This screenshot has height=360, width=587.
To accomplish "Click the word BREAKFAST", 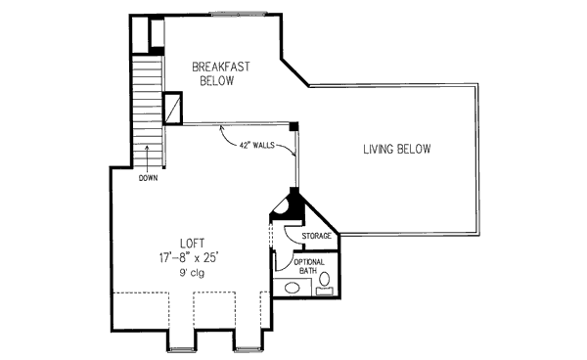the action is (x=220, y=67).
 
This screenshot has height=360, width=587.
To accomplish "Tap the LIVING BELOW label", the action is (x=397, y=149).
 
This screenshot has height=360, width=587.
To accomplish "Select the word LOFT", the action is (x=193, y=244).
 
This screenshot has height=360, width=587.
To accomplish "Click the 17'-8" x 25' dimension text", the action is (x=189, y=258).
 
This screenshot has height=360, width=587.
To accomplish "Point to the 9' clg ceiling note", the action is (x=192, y=273).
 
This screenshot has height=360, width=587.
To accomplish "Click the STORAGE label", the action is (x=316, y=236).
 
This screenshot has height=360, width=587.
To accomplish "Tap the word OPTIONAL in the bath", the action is (x=309, y=262).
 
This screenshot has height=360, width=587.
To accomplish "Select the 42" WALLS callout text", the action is (x=256, y=145).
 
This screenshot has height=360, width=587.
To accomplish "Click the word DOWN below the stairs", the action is (x=149, y=178).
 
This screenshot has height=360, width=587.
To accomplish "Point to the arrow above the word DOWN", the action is (x=147, y=158).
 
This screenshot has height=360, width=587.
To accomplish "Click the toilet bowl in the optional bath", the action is (x=325, y=279).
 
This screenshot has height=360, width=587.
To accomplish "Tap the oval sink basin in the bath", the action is (x=293, y=288).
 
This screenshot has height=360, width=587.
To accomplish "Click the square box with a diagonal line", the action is (x=172, y=108).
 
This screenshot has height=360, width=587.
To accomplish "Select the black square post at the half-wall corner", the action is (x=293, y=126).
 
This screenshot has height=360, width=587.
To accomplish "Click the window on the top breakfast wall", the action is (x=238, y=15).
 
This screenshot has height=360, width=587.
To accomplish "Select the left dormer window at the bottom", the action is (x=182, y=350).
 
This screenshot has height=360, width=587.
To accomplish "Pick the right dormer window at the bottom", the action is (x=248, y=350).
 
